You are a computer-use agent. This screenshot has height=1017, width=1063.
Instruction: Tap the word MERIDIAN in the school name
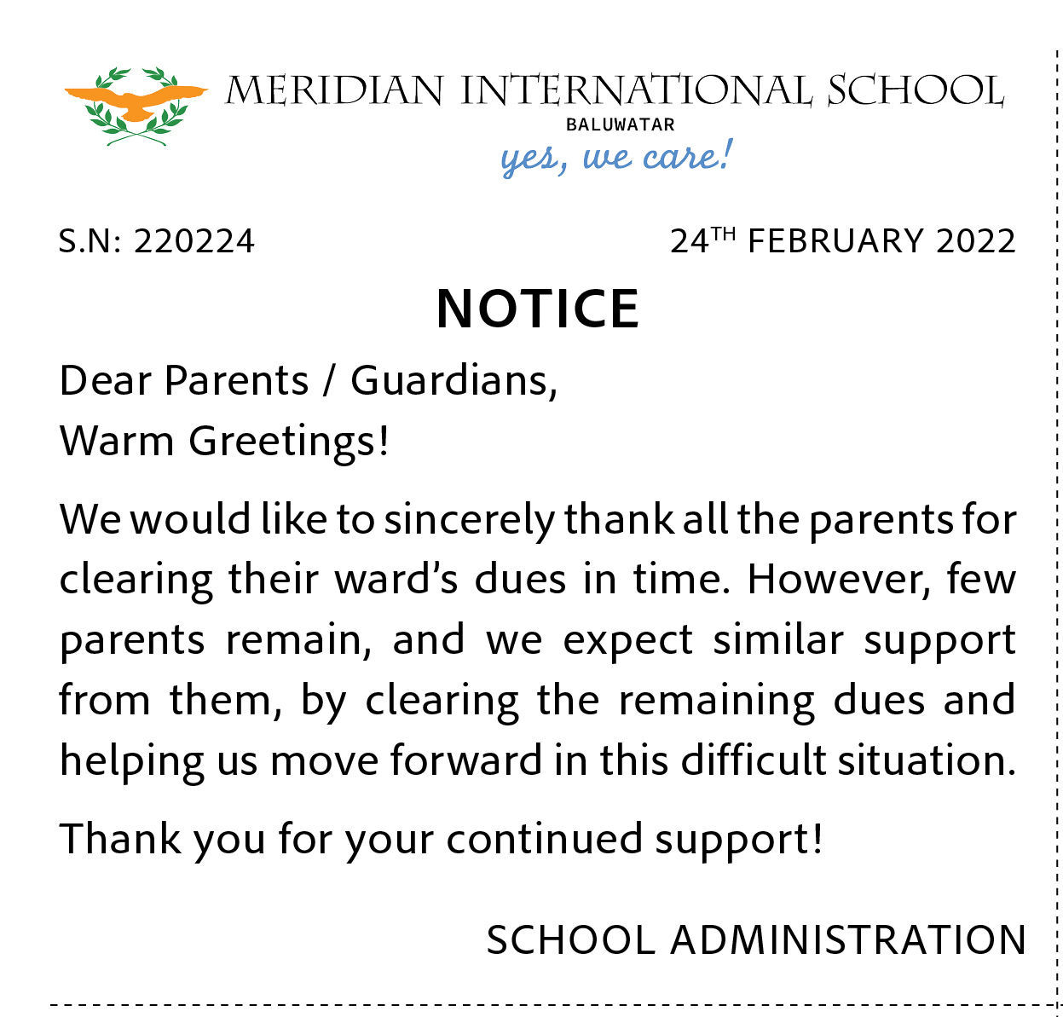tap(335, 90)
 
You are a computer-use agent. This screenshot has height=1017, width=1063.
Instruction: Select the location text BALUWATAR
tap(620, 124)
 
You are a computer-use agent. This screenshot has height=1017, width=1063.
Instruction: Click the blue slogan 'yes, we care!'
tap(615, 158)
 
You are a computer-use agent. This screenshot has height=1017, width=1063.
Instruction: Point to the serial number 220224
tap(194, 241)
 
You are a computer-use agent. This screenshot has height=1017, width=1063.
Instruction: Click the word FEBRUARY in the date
tap(835, 241)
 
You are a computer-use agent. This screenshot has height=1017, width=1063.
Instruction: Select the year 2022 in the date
tap(975, 241)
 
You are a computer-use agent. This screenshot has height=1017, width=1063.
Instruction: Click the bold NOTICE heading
tap(538, 308)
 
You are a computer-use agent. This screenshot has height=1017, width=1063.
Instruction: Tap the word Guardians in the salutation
tap(454, 380)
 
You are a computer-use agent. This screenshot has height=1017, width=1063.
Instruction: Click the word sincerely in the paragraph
tap(469, 520)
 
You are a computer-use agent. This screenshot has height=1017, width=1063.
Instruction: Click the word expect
tap(628, 640)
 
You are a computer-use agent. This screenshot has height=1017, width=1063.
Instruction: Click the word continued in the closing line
tap(544, 839)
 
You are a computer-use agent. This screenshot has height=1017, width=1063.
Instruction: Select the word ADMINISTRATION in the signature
tap(848, 940)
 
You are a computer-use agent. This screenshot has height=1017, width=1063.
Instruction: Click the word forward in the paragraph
tap(465, 760)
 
